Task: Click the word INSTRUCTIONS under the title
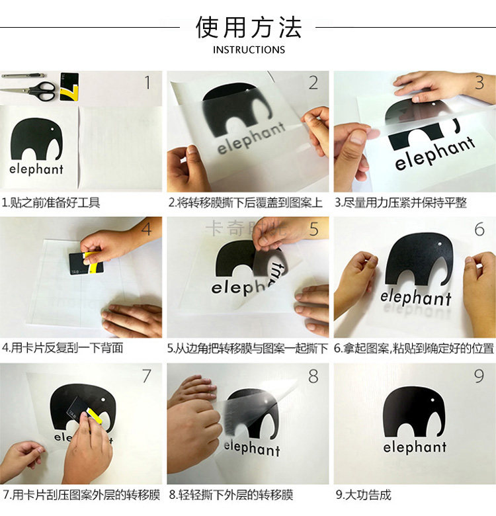[x=249, y=50]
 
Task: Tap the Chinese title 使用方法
[x=249, y=27]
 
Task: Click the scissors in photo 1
[x=30, y=91]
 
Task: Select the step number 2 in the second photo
[x=313, y=83]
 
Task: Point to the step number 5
[x=313, y=229]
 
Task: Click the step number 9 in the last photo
[x=479, y=376]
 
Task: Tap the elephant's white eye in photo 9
[x=433, y=400]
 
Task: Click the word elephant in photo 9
[x=415, y=447]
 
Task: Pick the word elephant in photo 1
[x=36, y=169]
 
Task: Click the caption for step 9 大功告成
[x=364, y=495]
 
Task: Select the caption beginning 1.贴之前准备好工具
[x=51, y=202]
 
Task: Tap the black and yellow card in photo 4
[x=86, y=263]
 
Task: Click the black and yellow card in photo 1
[x=69, y=87]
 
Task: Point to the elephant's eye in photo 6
[x=440, y=244]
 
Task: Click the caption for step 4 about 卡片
[x=62, y=348]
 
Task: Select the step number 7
[x=146, y=376]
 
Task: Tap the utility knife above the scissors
[x=24, y=75]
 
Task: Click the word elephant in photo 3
[x=434, y=153]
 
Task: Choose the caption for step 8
[x=231, y=495]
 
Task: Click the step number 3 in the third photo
[x=479, y=83]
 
